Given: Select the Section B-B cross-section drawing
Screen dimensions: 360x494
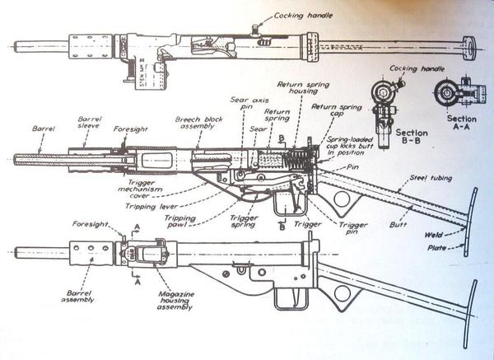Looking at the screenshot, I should click(385, 103).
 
